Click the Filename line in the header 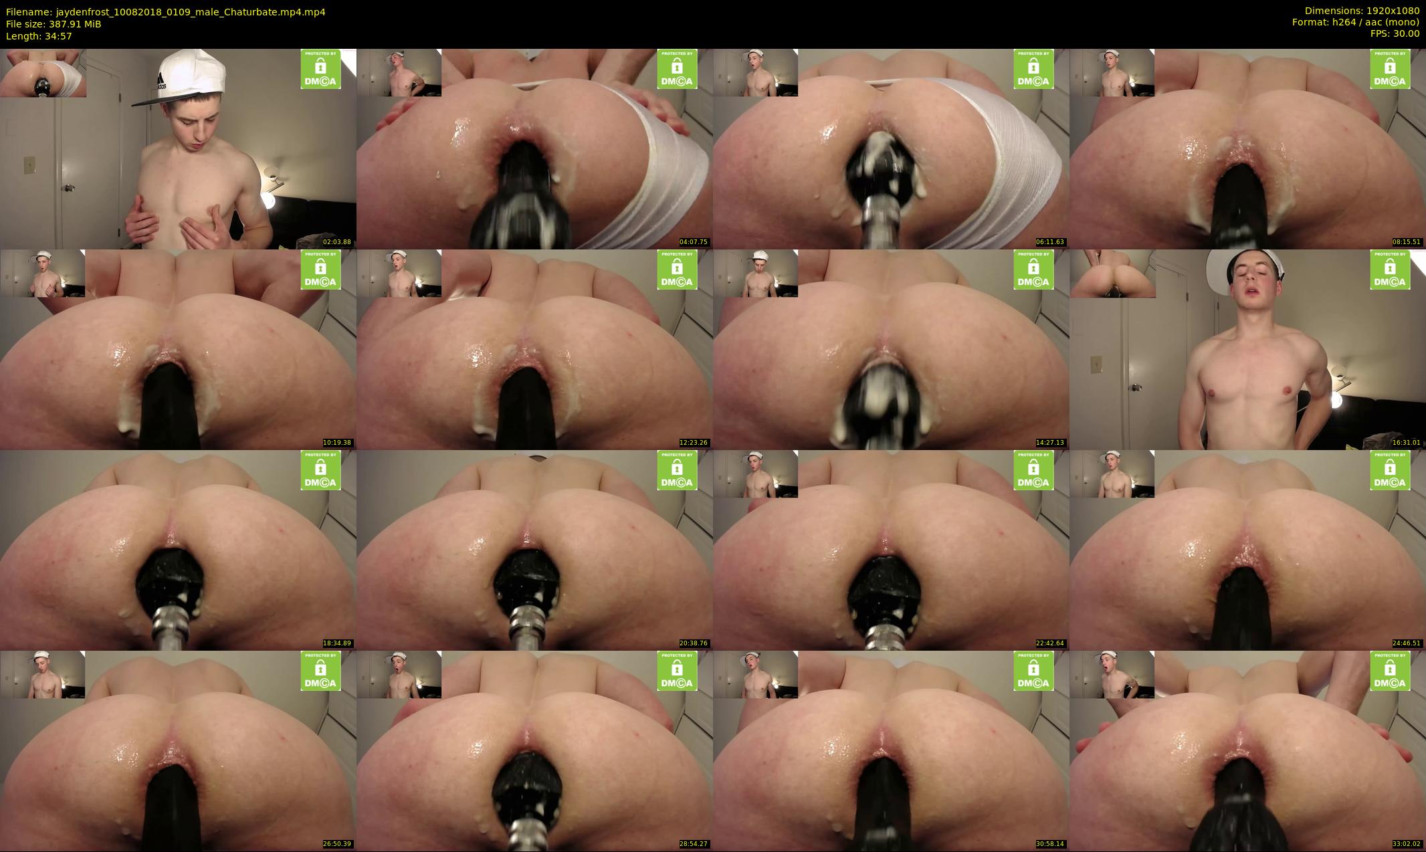(166, 12)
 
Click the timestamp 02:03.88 (337, 242)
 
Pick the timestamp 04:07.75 (694, 242)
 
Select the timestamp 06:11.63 (1050, 242)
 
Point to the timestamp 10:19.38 (337, 443)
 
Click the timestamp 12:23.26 (694, 443)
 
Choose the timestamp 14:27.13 (1050, 443)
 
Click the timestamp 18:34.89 (337, 643)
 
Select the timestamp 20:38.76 (694, 643)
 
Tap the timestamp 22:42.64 (1050, 643)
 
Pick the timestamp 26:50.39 (337, 844)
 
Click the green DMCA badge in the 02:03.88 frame (320, 69)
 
